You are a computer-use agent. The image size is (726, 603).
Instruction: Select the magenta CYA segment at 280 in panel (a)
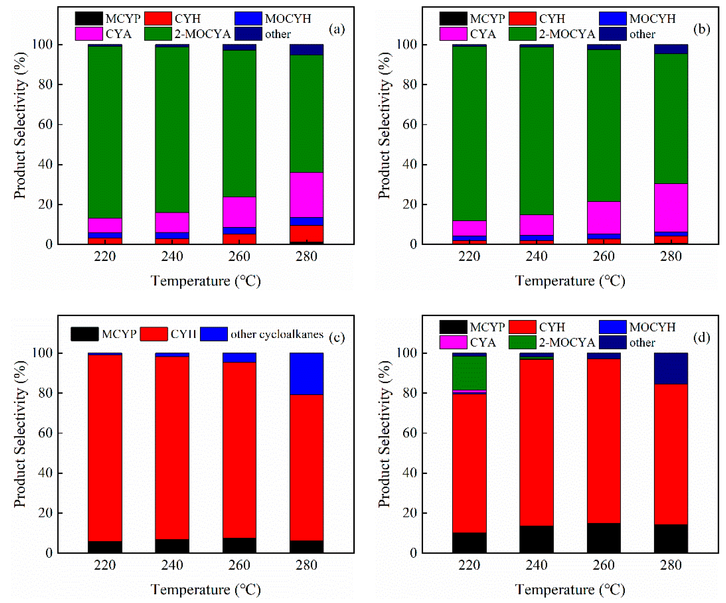click(x=306, y=195)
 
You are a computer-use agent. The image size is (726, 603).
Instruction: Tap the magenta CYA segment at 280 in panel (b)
click(x=671, y=207)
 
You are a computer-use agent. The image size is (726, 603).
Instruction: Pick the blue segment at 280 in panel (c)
click(x=306, y=373)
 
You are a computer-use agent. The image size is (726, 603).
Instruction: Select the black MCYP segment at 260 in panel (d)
click(x=604, y=538)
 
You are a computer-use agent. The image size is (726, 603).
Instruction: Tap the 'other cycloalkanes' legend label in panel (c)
click(x=277, y=334)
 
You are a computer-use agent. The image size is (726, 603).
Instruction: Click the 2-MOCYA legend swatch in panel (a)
click(x=158, y=34)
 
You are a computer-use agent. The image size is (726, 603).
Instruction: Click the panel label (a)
click(x=337, y=29)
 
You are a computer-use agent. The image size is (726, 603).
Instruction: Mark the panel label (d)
click(x=701, y=338)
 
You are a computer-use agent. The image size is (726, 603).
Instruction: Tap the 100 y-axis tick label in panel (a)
click(x=42, y=44)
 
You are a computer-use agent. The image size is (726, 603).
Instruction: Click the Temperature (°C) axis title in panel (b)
click(x=570, y=281)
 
